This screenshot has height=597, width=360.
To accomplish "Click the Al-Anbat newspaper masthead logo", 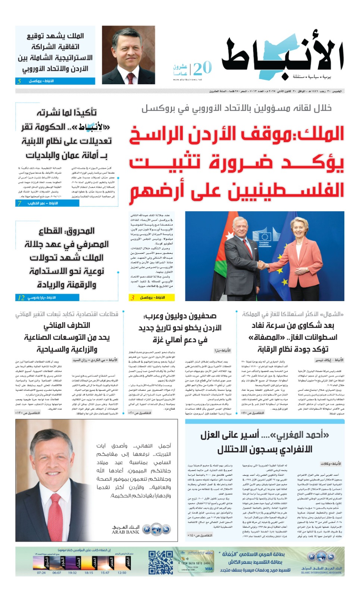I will [x=283, y=56].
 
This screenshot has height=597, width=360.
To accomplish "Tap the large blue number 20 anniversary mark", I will [x=203, y=68].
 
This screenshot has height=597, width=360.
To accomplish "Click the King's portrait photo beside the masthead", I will [x=128, y=55].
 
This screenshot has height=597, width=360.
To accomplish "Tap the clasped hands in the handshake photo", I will [x=263, y=265].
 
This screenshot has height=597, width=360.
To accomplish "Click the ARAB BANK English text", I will [x=125, y=532].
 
